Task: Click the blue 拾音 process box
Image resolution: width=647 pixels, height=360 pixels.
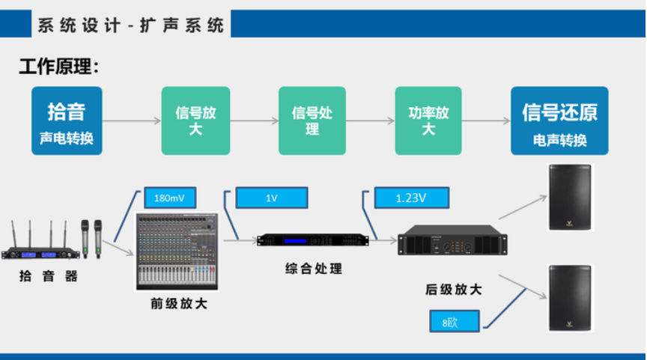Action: point(67,120)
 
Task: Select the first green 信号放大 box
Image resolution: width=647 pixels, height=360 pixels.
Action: point(195,120)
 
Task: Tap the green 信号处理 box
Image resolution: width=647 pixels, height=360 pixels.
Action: point(312,120)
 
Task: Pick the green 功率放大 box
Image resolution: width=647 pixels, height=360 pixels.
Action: point(428,120)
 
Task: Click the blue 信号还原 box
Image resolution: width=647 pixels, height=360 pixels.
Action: point(559,120)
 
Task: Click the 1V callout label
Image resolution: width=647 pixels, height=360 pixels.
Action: point(271,198)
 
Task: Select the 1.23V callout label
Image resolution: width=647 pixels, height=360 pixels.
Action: point(411,198)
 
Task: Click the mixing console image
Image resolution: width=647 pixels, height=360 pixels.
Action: point(176,251)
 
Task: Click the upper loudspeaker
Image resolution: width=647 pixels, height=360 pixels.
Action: point(571,197)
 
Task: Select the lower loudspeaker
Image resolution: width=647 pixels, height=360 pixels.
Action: point(571,297)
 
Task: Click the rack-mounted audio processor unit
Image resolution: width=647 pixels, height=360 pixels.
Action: point(312,240)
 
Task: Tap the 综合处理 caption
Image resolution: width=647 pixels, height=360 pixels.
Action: point(314,267)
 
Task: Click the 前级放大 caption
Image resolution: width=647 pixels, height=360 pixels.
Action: point(179,304)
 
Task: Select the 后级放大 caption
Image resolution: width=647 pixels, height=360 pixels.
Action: point(452,289)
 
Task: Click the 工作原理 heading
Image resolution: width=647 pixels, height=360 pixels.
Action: point(58,67)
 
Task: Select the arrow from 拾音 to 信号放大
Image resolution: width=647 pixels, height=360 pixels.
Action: point(132,120)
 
